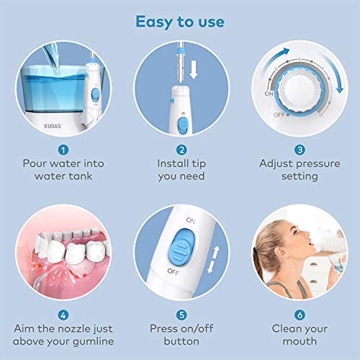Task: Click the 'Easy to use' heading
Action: pos(180,21)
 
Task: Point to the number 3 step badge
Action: pos(300,150)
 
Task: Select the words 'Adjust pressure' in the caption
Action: pos(299,163)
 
